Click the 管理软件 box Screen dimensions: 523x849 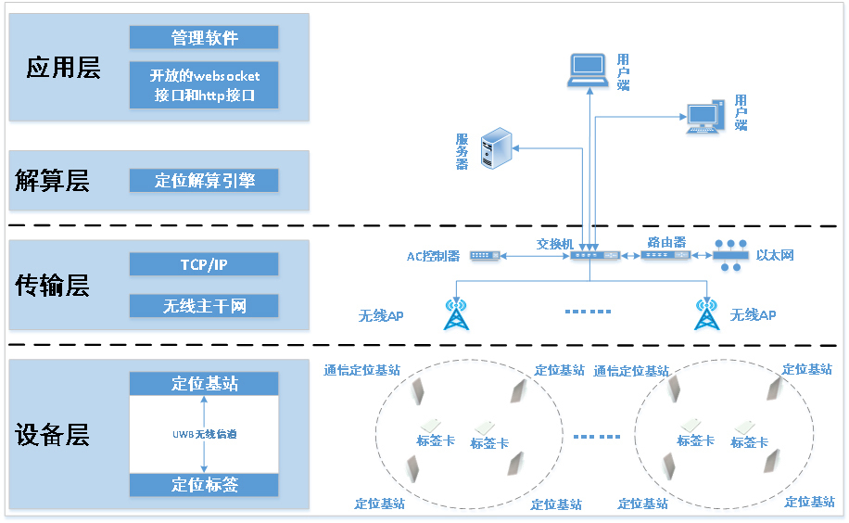(x=204, y=37)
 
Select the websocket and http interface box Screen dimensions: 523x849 (x=204, y=85)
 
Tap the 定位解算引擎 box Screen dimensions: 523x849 (x=204, y=181)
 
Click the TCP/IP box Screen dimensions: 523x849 (x=204, y=264)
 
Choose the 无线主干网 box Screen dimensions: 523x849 (x=204, y=306)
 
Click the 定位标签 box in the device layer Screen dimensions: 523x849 (x=204, y=484)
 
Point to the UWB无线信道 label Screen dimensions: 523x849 (x=204, y=434)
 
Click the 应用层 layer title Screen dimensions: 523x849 (x=63, y=68)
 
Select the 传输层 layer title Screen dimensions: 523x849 (x=53, y=286)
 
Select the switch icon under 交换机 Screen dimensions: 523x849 (x=594, y=255)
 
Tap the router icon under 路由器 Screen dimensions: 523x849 (x=665, y=255)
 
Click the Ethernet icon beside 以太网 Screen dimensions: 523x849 (x=730, y=255)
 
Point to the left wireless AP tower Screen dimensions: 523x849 (x=455, y=313)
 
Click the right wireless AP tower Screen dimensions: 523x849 (x=707, y=313)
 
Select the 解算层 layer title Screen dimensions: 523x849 (x=53, y=181)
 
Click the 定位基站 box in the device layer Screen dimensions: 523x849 (x=204, y=383)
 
